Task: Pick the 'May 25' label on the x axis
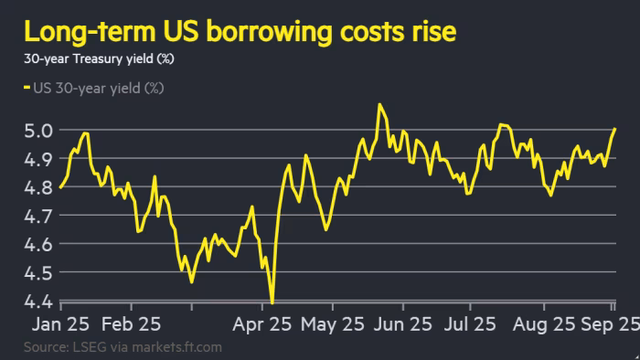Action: point(332,325)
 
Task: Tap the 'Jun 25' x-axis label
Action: point(405,325)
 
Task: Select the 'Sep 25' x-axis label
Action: point(603,325)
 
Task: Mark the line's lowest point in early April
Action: point(272,302)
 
